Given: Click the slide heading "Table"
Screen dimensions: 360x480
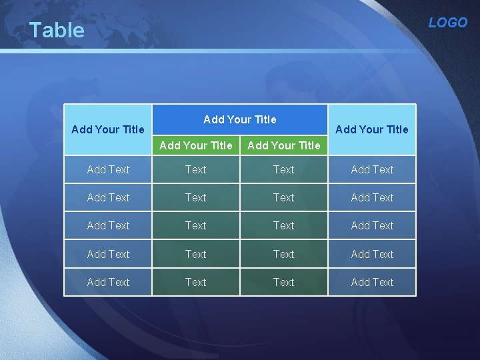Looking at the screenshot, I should pyautogui.click(x=57, y=30).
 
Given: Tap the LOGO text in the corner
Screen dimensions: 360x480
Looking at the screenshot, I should pyautogui.click(x=447, y=23).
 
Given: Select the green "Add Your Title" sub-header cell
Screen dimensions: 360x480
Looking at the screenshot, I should pyautogui.click(x=283, y=145).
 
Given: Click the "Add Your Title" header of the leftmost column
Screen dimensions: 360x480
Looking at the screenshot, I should pyautogui.click(x=107, y=129).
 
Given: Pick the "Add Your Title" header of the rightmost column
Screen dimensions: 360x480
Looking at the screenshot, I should pyautogui.click(x=372, y=129).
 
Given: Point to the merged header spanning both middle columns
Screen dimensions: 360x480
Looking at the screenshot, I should pyautogui.click(x=239, y=119).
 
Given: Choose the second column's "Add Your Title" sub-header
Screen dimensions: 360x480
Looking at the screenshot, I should pyautogui.click(x=196, y=145).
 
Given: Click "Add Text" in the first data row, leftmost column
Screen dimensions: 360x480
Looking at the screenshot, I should pyautogui.click(x=108, y=169).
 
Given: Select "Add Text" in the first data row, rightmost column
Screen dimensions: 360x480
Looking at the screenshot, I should pyautogui.click(x=372, y=169).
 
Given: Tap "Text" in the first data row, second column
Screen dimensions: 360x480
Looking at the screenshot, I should pyautogui.click(x=196, y=169).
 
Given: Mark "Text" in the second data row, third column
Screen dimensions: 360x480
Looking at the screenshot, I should pyautogui.click(x=283, y=197).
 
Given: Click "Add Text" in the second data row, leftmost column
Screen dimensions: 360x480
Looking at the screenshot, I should pyautogui.click(x=108, y=197).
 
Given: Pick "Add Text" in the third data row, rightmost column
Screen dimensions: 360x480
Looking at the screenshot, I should pyautogui.click(x=372, y=225).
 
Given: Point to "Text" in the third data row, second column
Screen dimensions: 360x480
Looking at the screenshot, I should pyautogui.click(x=196, y=225).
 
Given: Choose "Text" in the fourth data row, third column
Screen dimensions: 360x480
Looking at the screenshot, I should pyautogui.click(x=283, y=254).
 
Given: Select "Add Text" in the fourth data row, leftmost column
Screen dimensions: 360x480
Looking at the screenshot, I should pyautogui.click(x=108, y=254).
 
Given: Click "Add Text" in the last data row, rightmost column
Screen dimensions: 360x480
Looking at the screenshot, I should pyautogui.click(x=372, y=282).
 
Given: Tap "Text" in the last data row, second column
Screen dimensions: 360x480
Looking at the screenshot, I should pyautogui.click(x=196, y=282).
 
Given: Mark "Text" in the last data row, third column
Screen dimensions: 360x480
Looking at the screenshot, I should pyautogui.click(x=283, y=282).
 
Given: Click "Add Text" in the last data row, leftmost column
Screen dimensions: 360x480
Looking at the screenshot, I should pyautogui.click(x=108, y=282).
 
